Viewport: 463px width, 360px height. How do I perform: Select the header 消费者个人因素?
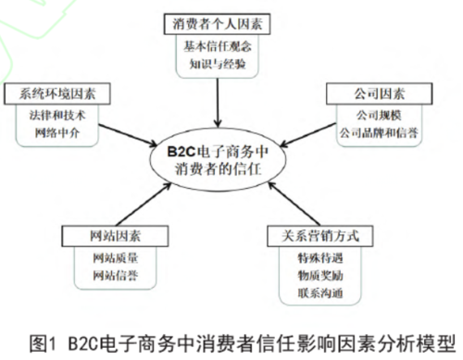click(218, 21)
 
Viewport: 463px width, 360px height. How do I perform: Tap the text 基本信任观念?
click(218, 46)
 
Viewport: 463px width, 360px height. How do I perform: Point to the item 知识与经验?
click(218, 65)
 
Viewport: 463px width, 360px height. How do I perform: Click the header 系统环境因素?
click(57, 93)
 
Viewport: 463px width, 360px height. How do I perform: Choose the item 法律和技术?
click(57, 115)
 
